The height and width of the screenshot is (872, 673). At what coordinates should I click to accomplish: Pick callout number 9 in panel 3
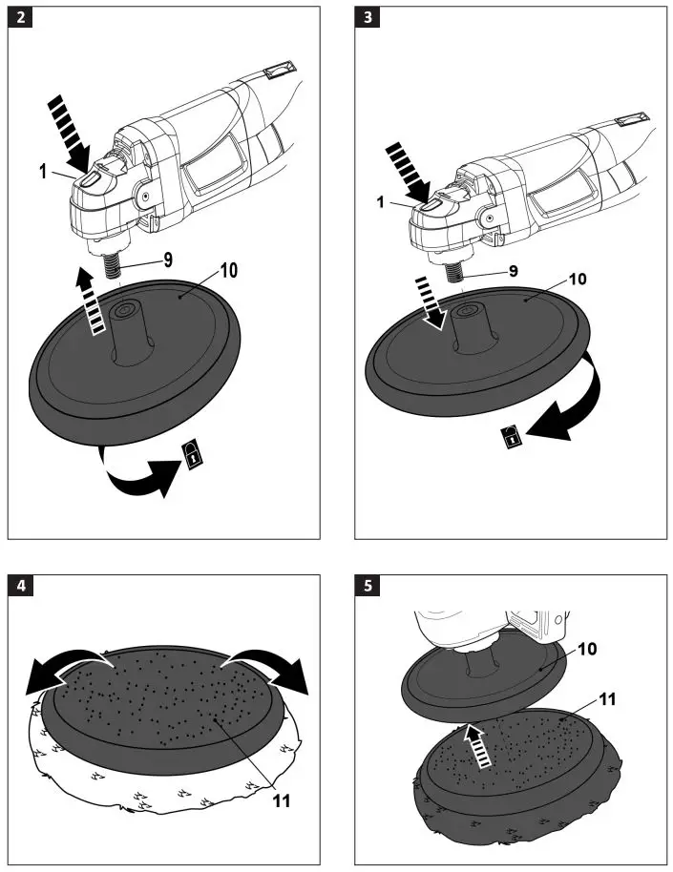pyautogui.click(x=514, y=271)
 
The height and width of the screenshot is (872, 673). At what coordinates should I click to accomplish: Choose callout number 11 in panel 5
pyautogui.click(x=607, y=699)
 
